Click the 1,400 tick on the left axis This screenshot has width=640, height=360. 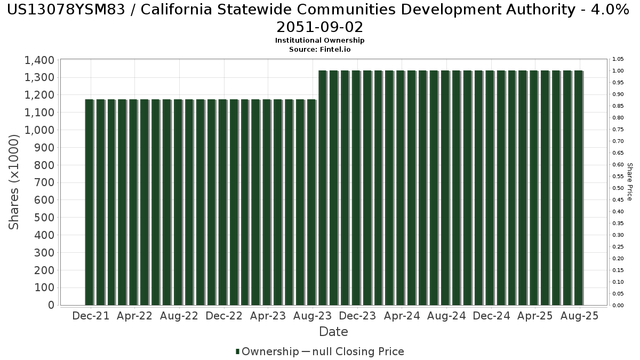coord(39,60)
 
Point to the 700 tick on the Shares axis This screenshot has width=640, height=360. coord(44,182)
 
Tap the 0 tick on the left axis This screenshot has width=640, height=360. coord(51,305)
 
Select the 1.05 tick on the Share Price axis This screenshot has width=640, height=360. coord(618,59)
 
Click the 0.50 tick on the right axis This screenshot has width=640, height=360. coord(618,188)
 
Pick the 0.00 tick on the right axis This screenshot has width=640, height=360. coord(618,306)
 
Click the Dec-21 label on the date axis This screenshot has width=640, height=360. coord(91,316)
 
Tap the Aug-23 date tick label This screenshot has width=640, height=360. coord(313,316)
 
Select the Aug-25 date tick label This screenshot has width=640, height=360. coord(579,316)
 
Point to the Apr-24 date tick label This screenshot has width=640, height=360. coord(402,316)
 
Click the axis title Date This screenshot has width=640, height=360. coord(333,332)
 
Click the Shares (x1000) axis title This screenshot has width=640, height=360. coord(14,182)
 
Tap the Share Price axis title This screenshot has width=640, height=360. coord(629,182)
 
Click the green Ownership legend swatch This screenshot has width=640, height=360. coord(237,351)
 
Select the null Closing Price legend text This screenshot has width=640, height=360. coord(358,351)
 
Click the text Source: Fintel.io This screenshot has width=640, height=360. coord(319,50)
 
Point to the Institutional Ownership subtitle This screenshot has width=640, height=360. coord(319,41)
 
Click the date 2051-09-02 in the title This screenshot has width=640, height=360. coord(319,27)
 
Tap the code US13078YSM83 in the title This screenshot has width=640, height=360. coord(66,10)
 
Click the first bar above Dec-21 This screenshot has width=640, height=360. coord(90,202)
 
